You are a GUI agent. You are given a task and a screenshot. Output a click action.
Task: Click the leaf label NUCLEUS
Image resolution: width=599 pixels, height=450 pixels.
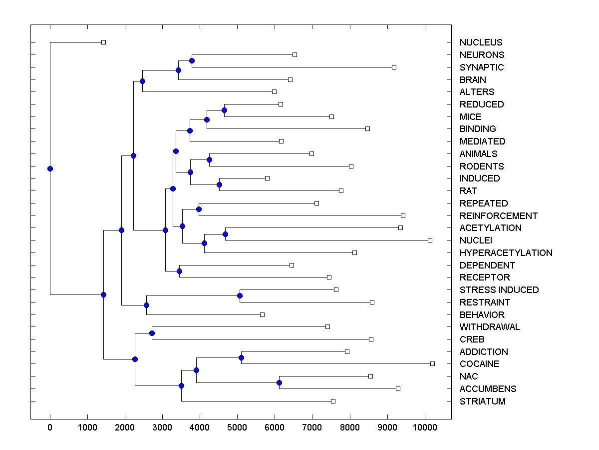click(481, 42)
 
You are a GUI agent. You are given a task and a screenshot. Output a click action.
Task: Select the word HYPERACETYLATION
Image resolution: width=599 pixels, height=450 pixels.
click(506, 253)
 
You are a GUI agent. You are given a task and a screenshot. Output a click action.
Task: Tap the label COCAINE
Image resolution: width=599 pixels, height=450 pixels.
click(479, 364)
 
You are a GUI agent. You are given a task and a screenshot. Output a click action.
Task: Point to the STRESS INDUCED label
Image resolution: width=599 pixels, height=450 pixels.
click(499, 290)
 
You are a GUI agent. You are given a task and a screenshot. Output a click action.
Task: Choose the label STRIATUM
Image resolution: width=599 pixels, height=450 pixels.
click(482, 401)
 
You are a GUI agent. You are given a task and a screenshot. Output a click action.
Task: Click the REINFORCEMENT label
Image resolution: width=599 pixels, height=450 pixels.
click(498, 216)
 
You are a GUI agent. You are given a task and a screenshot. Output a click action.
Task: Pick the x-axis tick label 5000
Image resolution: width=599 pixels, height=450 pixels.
click(238, 426)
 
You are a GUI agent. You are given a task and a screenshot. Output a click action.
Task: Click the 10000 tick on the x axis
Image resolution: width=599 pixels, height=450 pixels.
click(425, 426)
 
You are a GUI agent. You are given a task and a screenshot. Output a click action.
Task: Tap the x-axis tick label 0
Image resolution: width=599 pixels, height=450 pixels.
click(50, 426)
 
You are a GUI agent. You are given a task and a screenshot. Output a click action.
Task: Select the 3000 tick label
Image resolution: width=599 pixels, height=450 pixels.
click(163, 426)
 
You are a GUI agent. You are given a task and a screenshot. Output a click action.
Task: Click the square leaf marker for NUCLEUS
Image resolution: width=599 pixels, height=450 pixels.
click(103, 42)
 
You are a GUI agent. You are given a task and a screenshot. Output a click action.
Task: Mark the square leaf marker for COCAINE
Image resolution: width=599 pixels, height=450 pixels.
click(432, 363)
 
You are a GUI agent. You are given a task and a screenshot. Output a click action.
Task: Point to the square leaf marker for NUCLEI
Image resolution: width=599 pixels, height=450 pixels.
click(430, 240)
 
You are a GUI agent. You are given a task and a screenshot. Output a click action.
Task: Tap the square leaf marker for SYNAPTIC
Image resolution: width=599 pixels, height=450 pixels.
click(394, 67)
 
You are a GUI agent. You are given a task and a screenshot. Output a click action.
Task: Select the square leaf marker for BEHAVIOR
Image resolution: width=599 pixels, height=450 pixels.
click(262, 314)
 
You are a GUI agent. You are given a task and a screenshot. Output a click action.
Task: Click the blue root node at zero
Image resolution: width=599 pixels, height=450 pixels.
click(50, 168)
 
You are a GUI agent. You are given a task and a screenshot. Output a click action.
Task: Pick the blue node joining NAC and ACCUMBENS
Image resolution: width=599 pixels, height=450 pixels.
click(279, 382)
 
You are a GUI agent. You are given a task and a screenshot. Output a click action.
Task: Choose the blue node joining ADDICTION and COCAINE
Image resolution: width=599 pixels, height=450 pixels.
click(241, 357)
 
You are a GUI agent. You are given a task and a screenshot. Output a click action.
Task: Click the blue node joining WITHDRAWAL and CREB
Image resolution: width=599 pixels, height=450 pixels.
click(152, 333)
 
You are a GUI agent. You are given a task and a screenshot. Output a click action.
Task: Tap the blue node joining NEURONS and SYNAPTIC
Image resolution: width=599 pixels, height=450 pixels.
click(192, 60)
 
